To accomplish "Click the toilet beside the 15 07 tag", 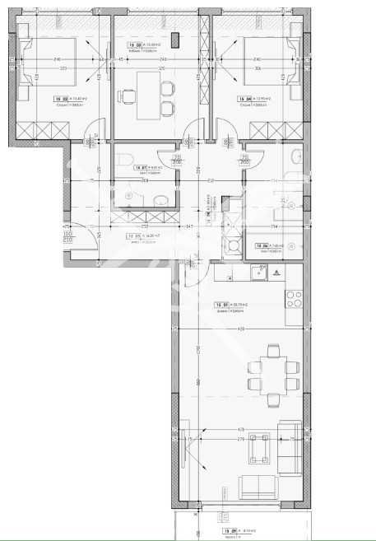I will (121, 160).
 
